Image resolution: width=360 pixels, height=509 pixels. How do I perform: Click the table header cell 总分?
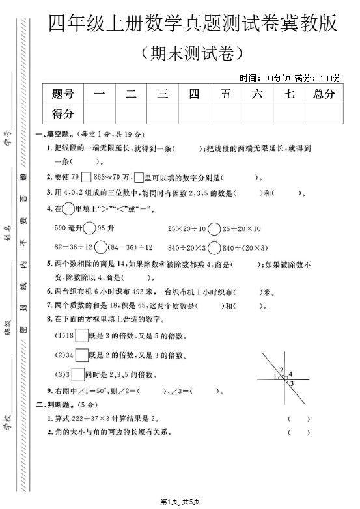(x=324, y=94)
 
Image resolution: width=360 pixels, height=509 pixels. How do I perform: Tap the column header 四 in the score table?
(x=194, y=94)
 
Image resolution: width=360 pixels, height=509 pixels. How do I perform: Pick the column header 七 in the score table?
(x=290, y=94)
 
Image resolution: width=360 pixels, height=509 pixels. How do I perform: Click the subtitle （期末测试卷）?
(x=193, y=51)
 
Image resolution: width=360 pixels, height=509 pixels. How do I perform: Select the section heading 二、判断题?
(x=55, y=405)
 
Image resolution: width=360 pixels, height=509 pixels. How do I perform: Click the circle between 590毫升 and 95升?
(x=90, y=228)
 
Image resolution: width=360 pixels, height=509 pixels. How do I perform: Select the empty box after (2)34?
(x=81, y=355)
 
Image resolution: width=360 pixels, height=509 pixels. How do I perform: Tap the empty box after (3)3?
(x=77, y=374)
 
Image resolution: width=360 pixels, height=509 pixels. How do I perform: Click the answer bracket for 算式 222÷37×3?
(x=299, y=419)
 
